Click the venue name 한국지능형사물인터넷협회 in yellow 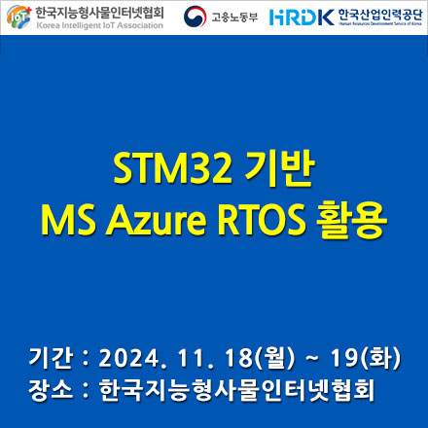coord(237,390)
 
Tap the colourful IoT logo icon coord(16,17)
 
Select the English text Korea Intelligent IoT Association coord(95,26)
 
